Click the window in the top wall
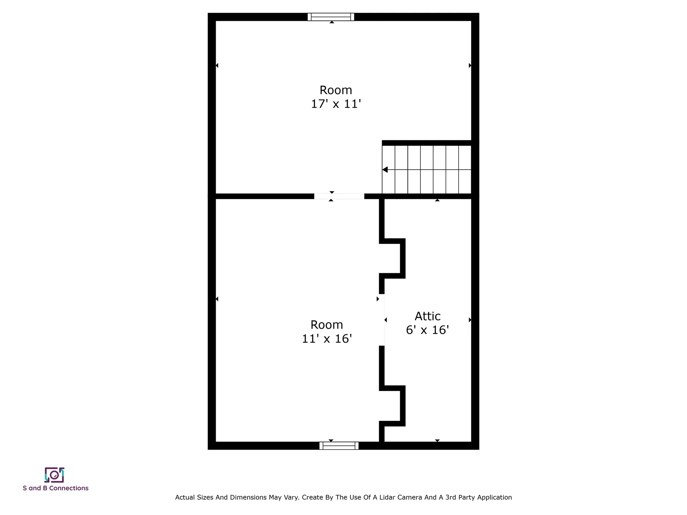[x=331, y=17]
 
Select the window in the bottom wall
[x=339, y=446]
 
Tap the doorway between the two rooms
[x=339, y=196]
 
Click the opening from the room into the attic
[x=382, y=320]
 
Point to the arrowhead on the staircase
[x=385, y=170]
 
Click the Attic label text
[x=428, y=316]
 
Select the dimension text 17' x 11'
[x=336, y=104]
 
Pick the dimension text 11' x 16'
[x=327, y=339]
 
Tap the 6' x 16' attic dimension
[x=428, y=330]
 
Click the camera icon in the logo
[x=54, y=475]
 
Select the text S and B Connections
[x=55, y=488]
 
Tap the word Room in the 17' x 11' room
[x=336, y=90]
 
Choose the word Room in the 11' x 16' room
[x=327, y=325]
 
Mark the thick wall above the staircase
[x=427, y=143]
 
